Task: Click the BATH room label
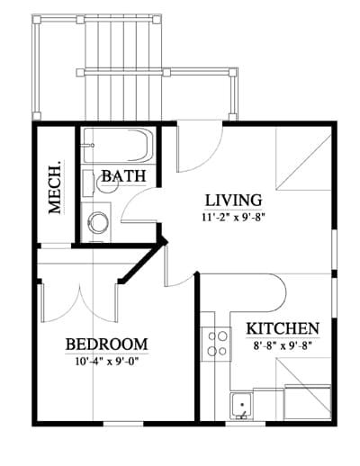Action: pyautogui.click(x=124, y=176)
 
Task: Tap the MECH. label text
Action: pyautogui.click(x=56, y=187)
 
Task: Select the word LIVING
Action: pyautogui.click(x=233, y=201)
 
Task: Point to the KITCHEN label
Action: pyautogui.click(x=283, y=328)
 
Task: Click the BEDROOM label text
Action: pyautogui.click(x=107, y=345)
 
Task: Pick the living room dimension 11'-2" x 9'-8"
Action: pyautogui.click(x=235, y=217)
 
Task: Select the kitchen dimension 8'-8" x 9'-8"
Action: pyautogui.click(x=283, y=345)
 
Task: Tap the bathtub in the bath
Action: pyautogui.click(x=118, y=146)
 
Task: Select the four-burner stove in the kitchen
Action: pyautogui.click(x=216, y=344)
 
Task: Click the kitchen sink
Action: pyautogui.click(x=241, y=406)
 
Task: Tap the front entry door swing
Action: pyautogui.click(x=200, y=147)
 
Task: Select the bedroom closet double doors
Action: pyautogui.click(x=79, y=303)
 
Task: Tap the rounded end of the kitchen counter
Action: pyautogui.click(x=278, y=292)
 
